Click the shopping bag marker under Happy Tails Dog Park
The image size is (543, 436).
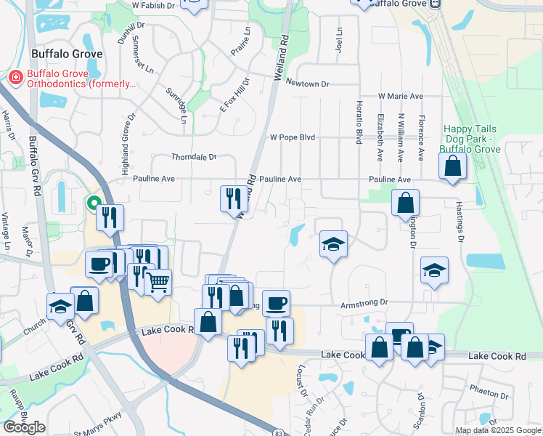(x=452, y=166)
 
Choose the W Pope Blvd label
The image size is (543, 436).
(x=292, y=137)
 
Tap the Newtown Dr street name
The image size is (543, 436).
(x=307, y=84)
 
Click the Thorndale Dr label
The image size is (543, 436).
(x=194, y=156)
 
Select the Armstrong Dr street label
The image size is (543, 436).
(x=365, y=302)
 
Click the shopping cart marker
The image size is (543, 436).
(x=158, y=282)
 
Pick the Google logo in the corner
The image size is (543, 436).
(x=25, y=427)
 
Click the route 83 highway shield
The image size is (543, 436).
(x=278, y=432)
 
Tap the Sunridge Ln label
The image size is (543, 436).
(x=178, y=105)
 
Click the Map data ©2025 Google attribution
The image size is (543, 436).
(x=497, y=430)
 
